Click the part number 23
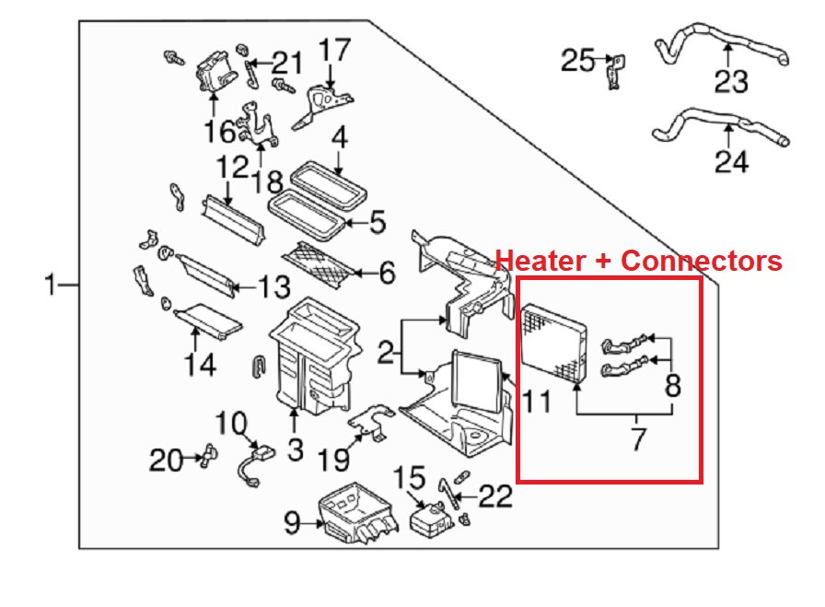(x=732, y=82)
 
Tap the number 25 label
(x=579, y=61)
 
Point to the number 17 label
(x=335, y=49)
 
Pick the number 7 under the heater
(x=639, y=439)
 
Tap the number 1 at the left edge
(x=52, y=286)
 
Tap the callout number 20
(x=167, y=459)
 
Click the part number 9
(x=291, y=524)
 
